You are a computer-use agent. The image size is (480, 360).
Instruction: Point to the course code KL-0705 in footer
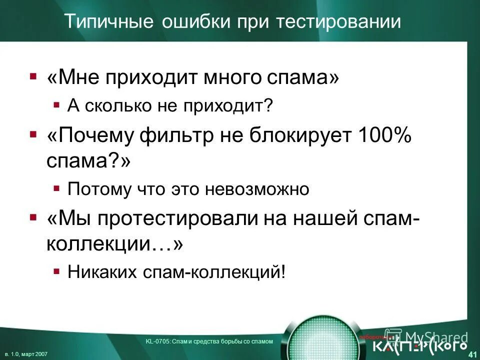pyautogui.click(x=153, y=341)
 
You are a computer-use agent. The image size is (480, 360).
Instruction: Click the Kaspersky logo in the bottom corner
pyautogui.click(x=420, y=345)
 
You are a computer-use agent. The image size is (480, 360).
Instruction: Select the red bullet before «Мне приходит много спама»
pyautogui.click(x=33, y=77)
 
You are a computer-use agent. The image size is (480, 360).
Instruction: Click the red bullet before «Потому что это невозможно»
pyautogui.click(x=56, y=189)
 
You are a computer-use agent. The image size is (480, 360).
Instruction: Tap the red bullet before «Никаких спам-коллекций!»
pyautogui.click(x=56, y=271)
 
